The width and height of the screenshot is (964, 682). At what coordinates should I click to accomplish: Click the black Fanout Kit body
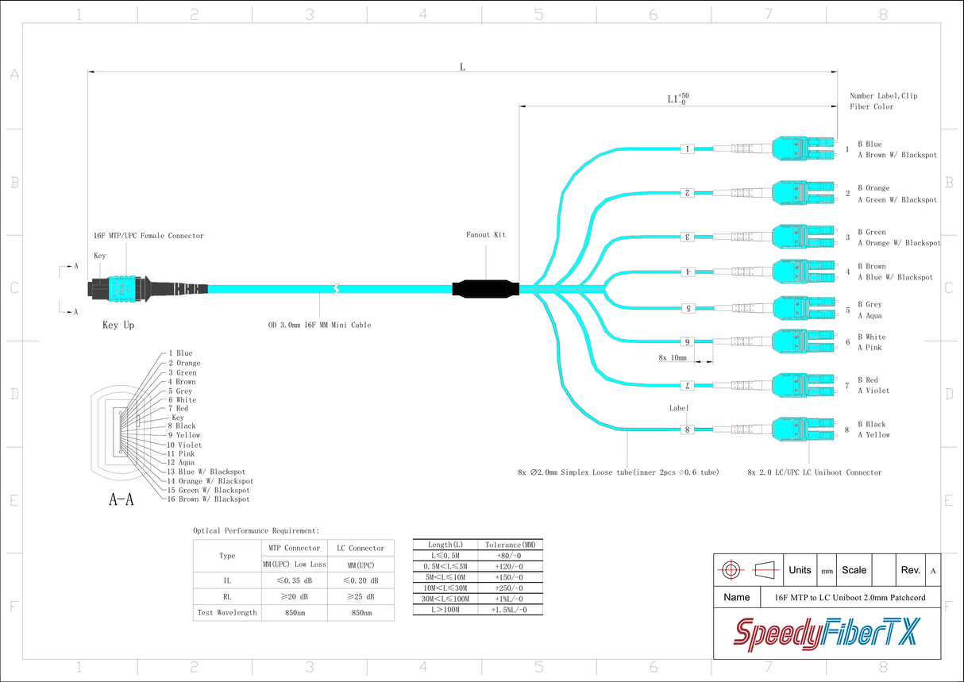(485, 289)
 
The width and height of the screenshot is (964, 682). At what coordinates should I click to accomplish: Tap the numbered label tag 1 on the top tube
(688, 148)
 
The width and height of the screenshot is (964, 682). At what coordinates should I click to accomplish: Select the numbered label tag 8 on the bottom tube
(688, 430)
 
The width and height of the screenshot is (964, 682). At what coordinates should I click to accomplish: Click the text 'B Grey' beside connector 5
(869, 304)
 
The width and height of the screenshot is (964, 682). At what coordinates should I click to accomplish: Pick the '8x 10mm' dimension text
(672, 358)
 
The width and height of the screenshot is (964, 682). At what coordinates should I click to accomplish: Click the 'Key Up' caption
(118, 325)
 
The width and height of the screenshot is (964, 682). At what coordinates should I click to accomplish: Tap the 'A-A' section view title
(121, 499)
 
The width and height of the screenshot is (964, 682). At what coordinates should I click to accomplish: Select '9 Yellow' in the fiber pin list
(183, 435)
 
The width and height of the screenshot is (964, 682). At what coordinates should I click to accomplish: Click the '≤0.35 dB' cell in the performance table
(294, 580)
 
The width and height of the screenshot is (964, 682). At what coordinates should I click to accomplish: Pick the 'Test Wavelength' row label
(227, 612)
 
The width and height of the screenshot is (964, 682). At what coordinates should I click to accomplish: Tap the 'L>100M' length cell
(445, 610)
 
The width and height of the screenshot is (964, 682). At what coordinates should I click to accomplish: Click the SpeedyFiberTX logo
(827, 634)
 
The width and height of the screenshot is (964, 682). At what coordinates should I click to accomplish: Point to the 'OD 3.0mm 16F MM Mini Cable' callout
(319, 325)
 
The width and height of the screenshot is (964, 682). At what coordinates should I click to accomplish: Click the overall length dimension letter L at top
(462, 66)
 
